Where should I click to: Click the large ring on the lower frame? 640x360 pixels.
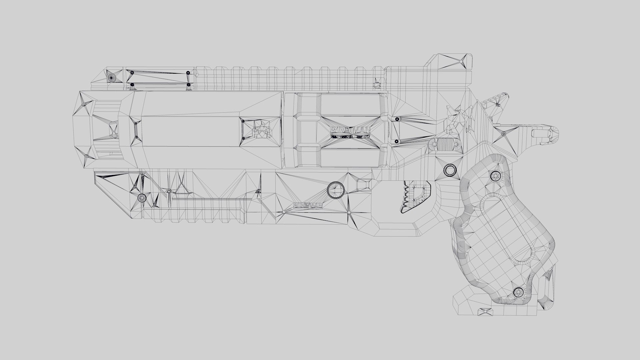click(335, 190)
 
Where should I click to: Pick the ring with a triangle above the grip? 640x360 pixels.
click(450, 170)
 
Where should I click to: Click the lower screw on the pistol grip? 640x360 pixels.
click(518, 292)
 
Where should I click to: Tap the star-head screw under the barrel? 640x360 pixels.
click(142, 198)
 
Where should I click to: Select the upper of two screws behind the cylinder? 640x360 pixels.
click(397, 119)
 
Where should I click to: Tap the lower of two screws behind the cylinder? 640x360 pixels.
click(396, 142)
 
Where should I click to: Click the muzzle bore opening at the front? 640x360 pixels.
click(113, 130)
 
